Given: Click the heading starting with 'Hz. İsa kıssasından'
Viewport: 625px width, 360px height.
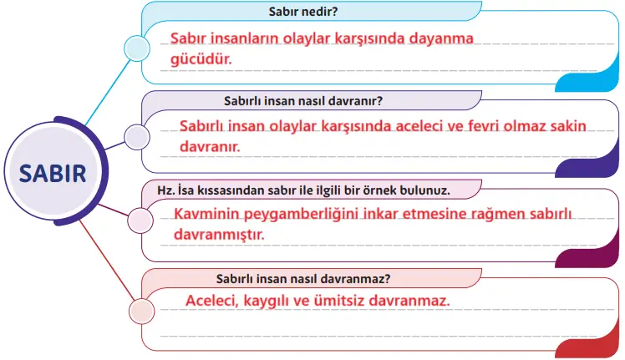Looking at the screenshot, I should (x=309, y=190).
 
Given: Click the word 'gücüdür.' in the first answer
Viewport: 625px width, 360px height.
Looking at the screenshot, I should (x=201, y=59).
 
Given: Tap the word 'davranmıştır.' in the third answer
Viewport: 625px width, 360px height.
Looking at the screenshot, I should (x=219, y=235).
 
